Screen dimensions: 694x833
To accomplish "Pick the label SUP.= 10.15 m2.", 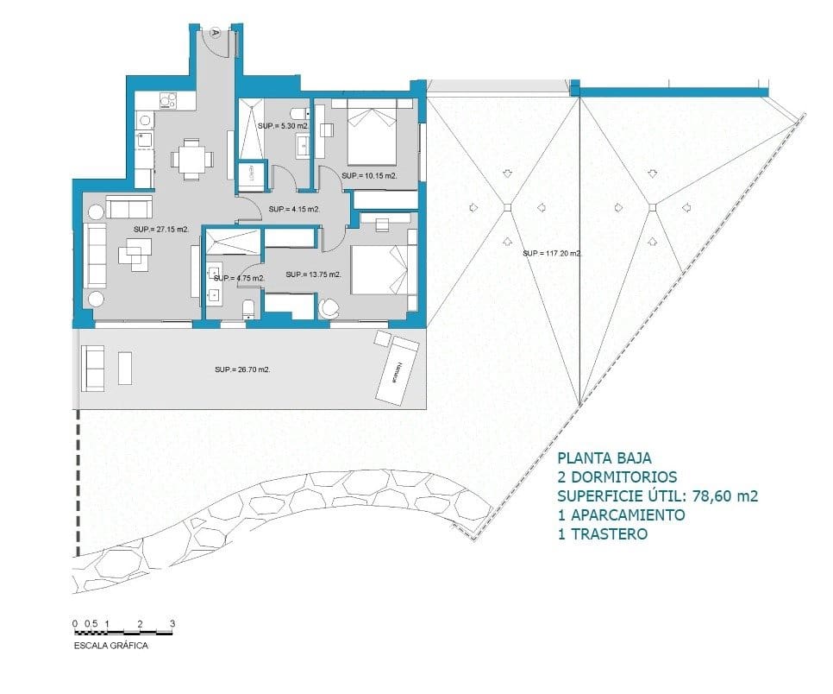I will (368, 175).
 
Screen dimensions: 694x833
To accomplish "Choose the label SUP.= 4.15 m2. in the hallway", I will (294, 209).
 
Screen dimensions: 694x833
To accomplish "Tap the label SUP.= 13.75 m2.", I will (313, 274).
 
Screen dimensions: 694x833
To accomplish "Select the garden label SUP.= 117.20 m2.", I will (552, 254).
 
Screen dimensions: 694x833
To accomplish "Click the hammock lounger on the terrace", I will (397, 370).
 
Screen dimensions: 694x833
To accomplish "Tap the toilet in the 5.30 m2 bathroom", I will (297, 113).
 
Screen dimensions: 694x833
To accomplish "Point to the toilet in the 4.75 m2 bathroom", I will (248, 309).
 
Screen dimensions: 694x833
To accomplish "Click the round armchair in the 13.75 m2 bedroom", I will (330, 307).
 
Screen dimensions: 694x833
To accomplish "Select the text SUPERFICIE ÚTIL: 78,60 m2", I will (657, 495).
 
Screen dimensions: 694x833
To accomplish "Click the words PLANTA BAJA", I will (604, 458).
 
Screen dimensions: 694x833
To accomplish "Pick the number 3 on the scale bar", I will (172, 622).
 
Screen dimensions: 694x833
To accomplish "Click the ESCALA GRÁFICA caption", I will (110, 645).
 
